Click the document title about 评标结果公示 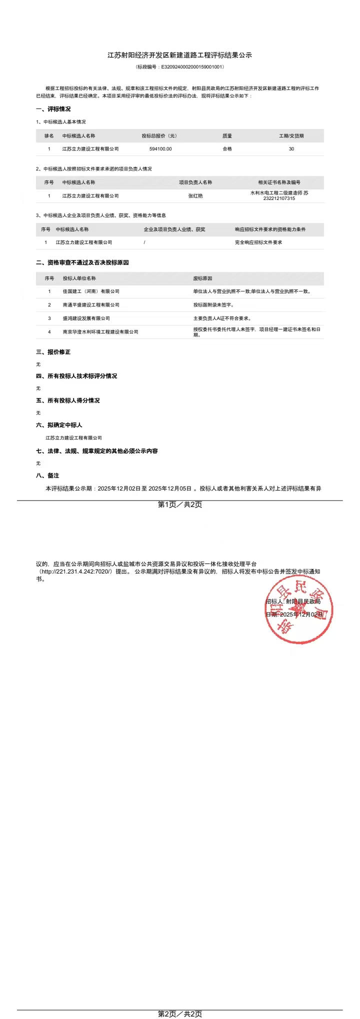pos(179,55)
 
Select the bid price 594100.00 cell pos(160,149)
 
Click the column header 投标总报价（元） pos(159,136)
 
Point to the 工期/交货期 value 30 pos(291,149)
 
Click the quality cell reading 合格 pos(227,149)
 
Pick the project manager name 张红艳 pos(195,196)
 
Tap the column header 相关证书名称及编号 pos(279,182)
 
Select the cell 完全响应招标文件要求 pos(258,242)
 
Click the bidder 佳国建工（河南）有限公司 pos(91,291)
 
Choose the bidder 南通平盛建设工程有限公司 pos(91,305)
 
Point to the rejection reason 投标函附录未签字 pos(213,305)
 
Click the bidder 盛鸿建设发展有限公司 pos(86,318)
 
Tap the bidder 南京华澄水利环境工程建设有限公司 pos(100,332)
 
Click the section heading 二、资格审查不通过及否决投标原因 pos(82,262)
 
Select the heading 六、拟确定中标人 pos(59,425)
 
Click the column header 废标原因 pos(202,278)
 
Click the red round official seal pos(298,609)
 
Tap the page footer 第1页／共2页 pos(180,504)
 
